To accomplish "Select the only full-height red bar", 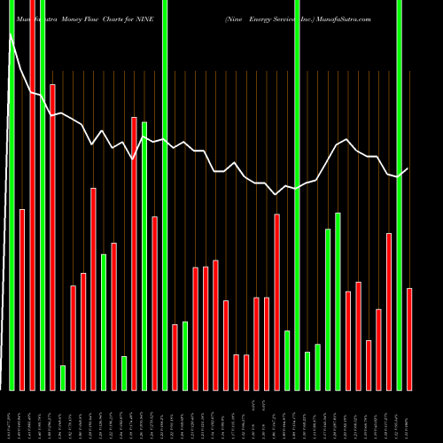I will point(32,195).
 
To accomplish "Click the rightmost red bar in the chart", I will point(409,338).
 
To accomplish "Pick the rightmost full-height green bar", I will point(400,195).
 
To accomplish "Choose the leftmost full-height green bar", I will point(12,195).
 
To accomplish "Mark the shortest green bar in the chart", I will point(63,377).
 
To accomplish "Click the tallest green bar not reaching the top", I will point(144,255).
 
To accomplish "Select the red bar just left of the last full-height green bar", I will point(389,311).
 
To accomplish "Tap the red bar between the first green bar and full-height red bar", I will point(22,299).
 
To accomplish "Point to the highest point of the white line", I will point(12,35).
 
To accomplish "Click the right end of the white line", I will point(408,168).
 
